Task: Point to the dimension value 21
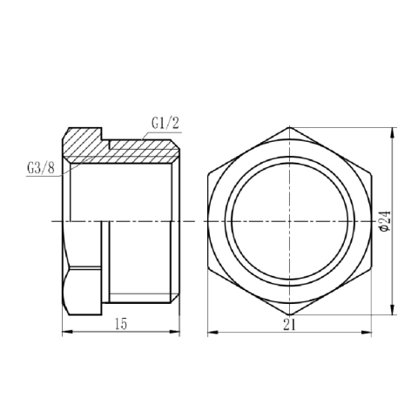[289, 324]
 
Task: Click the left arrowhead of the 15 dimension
[63, 332]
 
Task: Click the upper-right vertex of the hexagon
[372, 173]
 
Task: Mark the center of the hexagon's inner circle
[290, 222]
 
